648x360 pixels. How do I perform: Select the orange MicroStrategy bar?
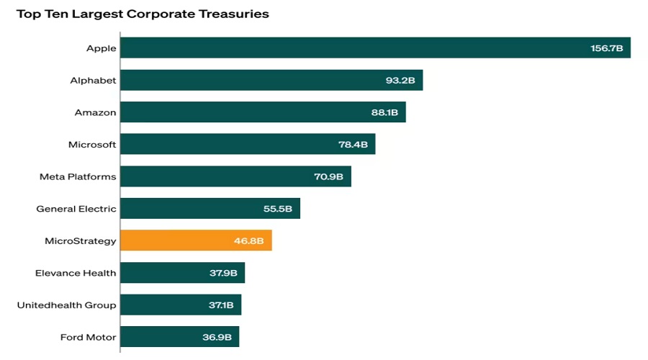pyautogui.click(x=196, y=240)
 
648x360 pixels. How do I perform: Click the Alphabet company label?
pyautogui.click(x=93, y=80)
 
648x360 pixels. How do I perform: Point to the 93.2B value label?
pyautogui.click(x=400, y=80)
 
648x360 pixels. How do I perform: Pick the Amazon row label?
pyautogui.click(x=95, y=112)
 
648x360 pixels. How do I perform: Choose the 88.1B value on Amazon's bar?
pyautogui.click(x=384, y=112)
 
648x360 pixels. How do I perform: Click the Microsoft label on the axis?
pyautogui.click(x=92, y=144)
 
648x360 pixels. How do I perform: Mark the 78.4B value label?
pyautogui.click(x=353, y=144)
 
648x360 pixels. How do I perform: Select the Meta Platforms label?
pyautogui.click(x=78, y=176)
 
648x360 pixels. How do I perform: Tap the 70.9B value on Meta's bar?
pyautogui.click(x=329, y=176)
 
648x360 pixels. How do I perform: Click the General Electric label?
pyautogui.click(x=76, y=209)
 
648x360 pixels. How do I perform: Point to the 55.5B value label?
pyautogui.click(x=278, y=209)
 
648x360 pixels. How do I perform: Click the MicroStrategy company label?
pyautogui.click(x=80, y=240)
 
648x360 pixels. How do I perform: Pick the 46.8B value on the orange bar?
pyautogui.click(x=249, y=240)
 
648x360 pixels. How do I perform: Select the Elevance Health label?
pyautogui.click(x=76, y=273)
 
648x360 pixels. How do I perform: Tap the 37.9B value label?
pyautogui.click(x=222, y=273)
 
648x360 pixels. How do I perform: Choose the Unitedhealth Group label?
pyautogui.click(x=66, y=305)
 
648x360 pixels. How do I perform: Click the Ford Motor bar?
pyautogui.click(x=179, y=337)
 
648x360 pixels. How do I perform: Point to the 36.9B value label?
pyautogui.click(x=217, y=337)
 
